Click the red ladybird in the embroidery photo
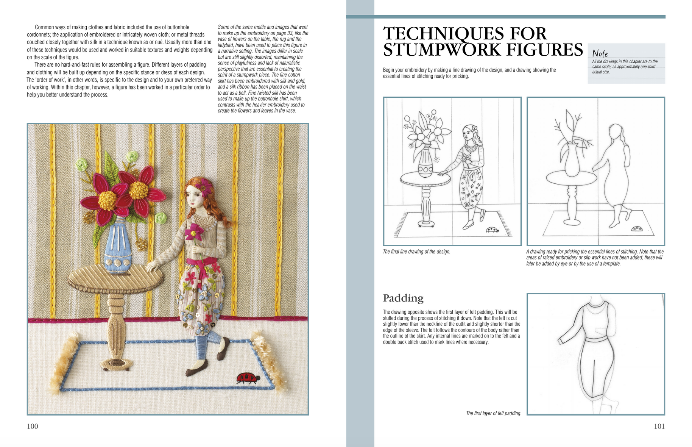point(247,378)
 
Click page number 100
point(33,426)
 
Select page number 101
point(659,426)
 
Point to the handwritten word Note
point(600,53)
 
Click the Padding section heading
point(403,298)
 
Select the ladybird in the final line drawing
point(492,229)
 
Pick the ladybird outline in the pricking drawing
point(637,229)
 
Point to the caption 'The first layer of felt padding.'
point(493,413)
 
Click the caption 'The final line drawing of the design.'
point(416,252)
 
